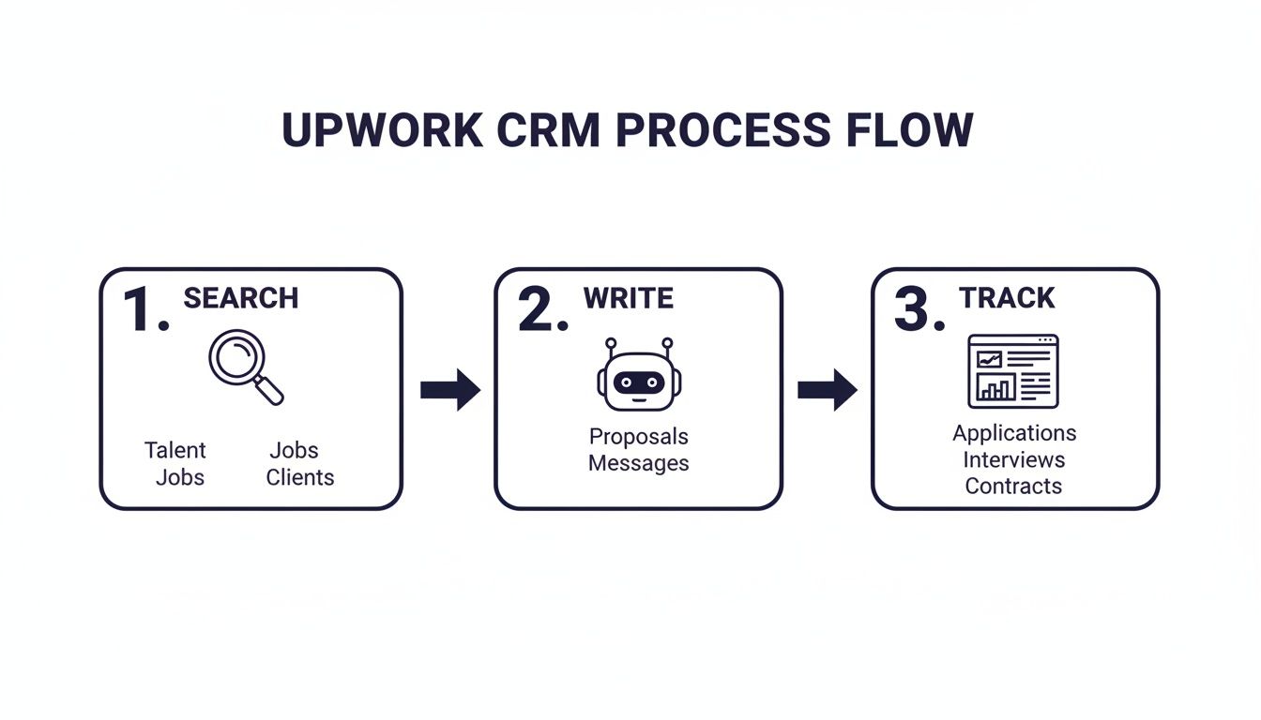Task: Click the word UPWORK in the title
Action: (x=382, y=130)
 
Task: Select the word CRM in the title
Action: (x=548, y=130)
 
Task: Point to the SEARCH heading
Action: (x=240, y=298)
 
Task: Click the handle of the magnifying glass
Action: (x=269, y=389)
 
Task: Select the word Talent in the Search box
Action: (x=175, y=450)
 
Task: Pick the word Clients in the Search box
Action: (x=299, y=477)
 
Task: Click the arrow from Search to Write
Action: (x=449, y=389)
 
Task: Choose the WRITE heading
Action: (x=628, y=298)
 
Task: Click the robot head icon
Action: (x=638, y=377)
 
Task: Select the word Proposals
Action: (x=638, y=437)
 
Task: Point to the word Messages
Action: (x=638, y=463)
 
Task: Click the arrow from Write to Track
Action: (x=827, y=389)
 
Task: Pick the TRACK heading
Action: (x=1007, y=298)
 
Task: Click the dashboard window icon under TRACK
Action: (x=1012, y=370)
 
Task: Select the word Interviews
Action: (x=1013, y=459)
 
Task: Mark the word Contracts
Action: (x=1013, y=486)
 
